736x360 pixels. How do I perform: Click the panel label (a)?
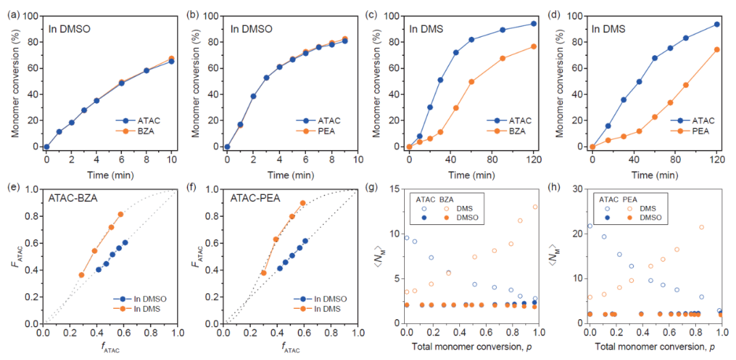tap(11, 10)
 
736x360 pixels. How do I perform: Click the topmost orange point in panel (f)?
tap(303, 202)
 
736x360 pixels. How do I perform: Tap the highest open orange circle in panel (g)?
tap(535, 207)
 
